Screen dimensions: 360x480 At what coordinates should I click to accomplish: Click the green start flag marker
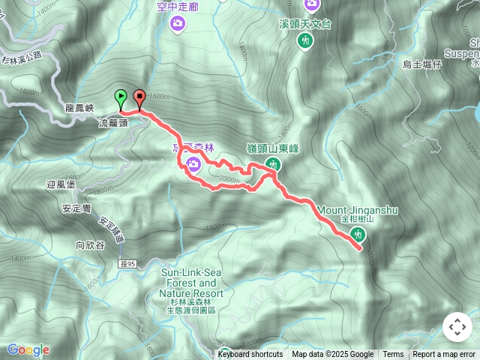[x=120, y=97]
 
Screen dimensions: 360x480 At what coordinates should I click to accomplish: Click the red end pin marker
[x=139, y=97]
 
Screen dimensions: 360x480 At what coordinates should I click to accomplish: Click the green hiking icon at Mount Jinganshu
[x=357, y=235]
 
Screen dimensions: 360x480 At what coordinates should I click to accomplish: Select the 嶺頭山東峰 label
[x=273, y=148]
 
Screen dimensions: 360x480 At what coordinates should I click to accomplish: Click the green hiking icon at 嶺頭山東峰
[x=273, y=164]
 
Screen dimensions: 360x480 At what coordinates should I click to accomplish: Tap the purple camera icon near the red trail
[x=193, y=165]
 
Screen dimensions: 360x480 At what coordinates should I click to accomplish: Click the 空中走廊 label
[x=177, y=7]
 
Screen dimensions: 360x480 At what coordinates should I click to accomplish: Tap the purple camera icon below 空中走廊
[x=178, y=24]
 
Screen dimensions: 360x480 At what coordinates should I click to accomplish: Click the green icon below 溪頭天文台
[x=304, y=42]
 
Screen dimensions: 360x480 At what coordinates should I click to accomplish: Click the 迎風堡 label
[x=61, y=183]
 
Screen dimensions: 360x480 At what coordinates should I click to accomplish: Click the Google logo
[x=28, y=350]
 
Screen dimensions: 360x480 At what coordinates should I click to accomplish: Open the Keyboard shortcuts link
[x=250, y=355]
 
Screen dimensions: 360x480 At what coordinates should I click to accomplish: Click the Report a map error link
[x=444, y=355]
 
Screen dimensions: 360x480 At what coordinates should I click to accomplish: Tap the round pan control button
[x=457, y=327]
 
